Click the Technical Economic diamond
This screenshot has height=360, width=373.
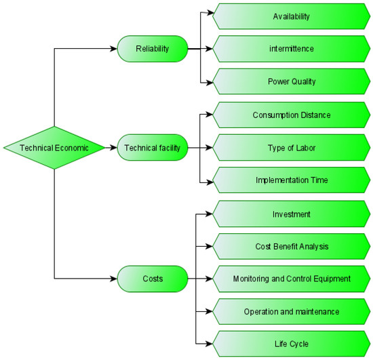pyautogui.click(x=54, y=147)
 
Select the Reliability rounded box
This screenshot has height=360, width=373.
pyautogui.click(x=152, y=49)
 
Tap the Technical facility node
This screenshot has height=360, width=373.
pyautogui.click(x=152, y=147)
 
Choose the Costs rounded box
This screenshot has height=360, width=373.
pyautogui.click(x=152, y=279)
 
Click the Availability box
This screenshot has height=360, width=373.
pyautogui.click(x=292, y=16)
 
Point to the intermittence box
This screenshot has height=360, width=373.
pyautogui.click(x=292, y=49)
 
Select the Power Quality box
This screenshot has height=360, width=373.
pyautogui.click(x=292, y=82)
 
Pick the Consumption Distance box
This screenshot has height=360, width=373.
pyautogui.click(x=292, y=115)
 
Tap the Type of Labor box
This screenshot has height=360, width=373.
pyautogui.click(x=292, y=147)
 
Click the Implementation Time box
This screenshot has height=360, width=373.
pyautogui.click(x=292, y=180)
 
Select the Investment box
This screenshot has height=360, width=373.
pyautogui.click(x=292, y=214)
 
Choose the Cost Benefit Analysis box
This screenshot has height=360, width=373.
pyautogui.click(x=292, y=246)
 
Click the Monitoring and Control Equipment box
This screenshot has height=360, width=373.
pyautogui.click(x=292, y=279)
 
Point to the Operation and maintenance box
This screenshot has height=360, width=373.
pyautogui.click(x=292, y=311)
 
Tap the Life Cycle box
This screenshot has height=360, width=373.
pyautogui.click(x=292, y=344)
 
